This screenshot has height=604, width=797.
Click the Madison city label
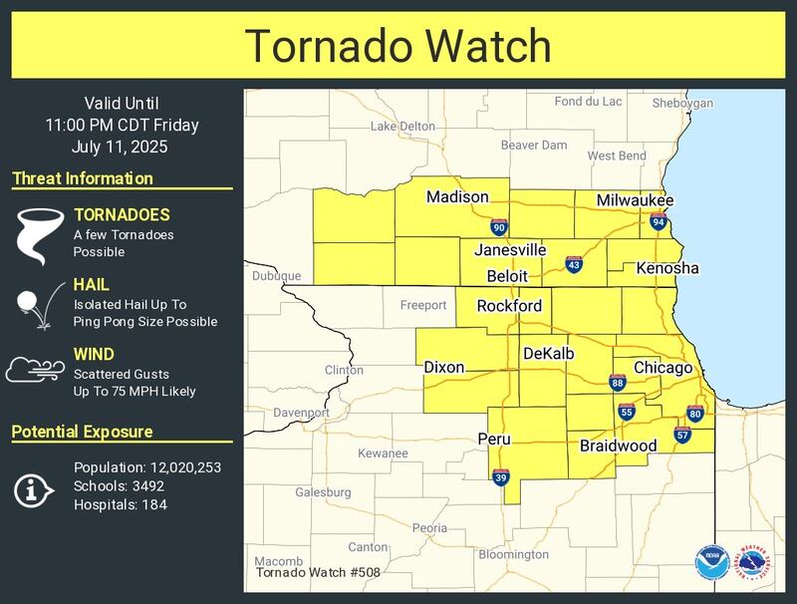(457, 197)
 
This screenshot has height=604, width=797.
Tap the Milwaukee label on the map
(635, 200)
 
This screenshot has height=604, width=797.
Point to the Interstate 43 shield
(573, 264)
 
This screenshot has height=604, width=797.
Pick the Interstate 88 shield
(618, 383)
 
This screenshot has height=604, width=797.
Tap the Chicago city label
(663, 368)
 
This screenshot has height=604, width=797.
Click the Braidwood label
(618, 446)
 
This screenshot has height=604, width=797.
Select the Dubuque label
(276, 276)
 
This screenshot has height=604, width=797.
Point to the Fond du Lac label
(588, 102)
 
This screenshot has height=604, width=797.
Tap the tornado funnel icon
(37, 235)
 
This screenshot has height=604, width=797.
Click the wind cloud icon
(35, 370)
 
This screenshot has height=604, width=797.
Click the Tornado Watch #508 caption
(317, 572)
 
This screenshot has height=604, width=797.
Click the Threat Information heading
(83, 179)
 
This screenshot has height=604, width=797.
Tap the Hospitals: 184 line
(121, 504)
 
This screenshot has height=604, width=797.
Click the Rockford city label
(509, 306)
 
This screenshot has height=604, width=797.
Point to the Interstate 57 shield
(682, 434)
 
